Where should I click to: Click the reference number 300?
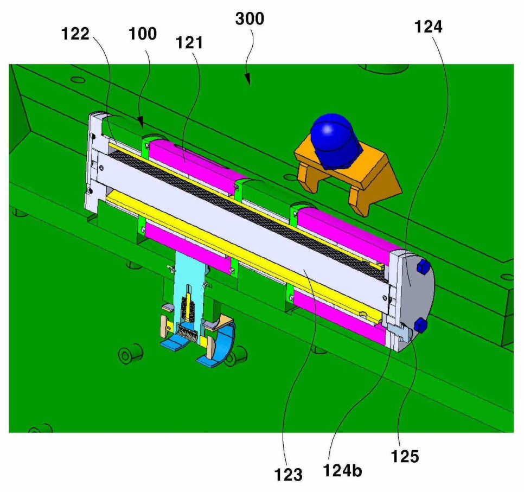point(250,19)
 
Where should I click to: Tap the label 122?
point(75,34)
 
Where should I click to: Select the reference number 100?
point(143,34)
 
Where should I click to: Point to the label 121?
point(189,43)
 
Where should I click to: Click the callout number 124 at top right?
point(429,27)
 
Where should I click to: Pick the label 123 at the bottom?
point(288,475)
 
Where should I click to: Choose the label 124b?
point(342,471)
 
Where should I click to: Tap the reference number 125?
point(405,456)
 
